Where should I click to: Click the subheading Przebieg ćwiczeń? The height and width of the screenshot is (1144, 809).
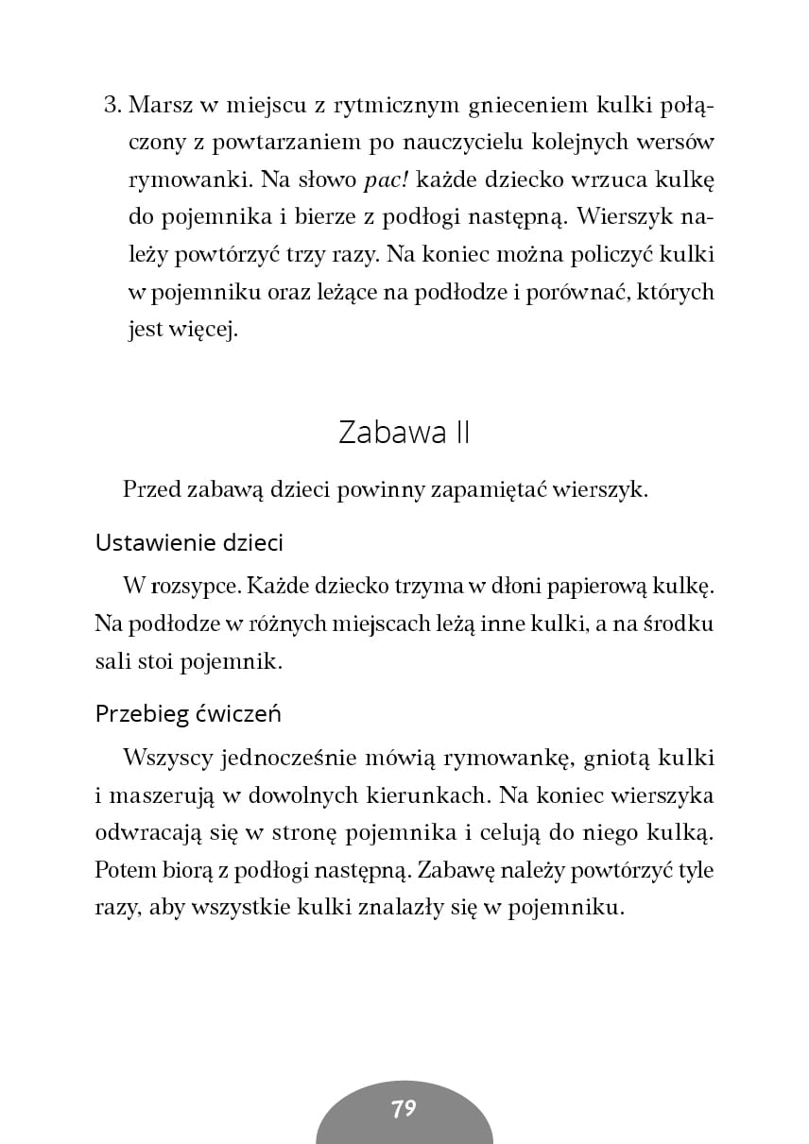(x=188, y=714)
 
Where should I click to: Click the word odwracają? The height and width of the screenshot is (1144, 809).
(x=142, y=834)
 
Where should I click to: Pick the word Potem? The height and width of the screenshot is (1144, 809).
(x=125, y=871)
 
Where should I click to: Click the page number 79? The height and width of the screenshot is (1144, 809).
(x=404, y=1108)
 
